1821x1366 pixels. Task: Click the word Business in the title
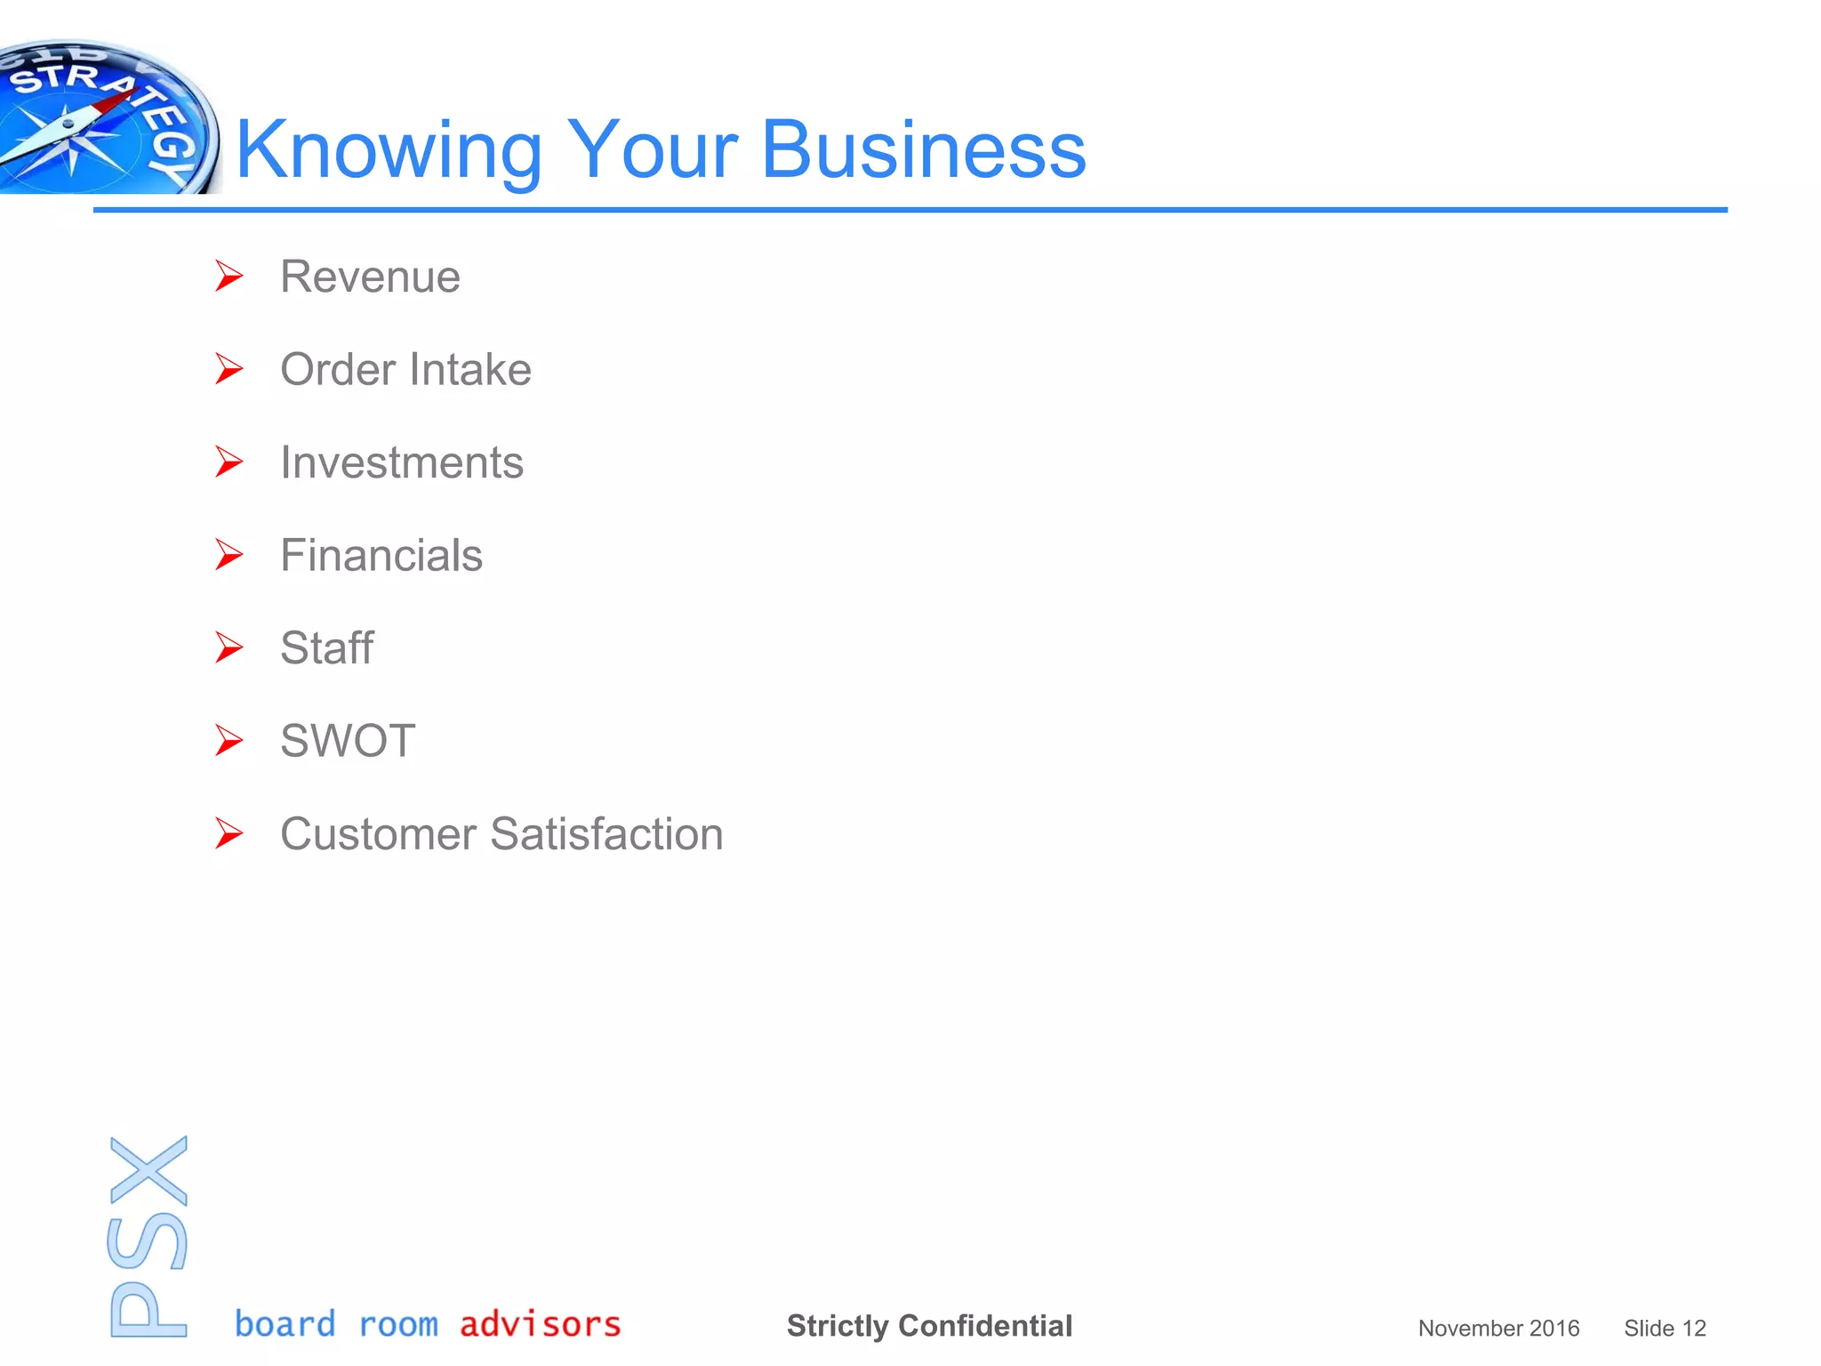[924, 149]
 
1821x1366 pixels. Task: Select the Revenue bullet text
[370, 277]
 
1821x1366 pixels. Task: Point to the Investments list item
[402, 462]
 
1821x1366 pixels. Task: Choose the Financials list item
[381, 556]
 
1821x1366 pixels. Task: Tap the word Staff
[327, 648]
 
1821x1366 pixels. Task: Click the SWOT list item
[348, 741]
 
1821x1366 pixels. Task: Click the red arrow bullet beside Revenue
[229, 277]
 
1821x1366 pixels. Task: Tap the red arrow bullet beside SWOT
[229, 741]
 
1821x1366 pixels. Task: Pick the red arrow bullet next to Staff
[229, 648]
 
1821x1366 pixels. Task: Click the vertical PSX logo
[148, 1236]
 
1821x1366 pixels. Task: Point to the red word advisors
[540, 1324]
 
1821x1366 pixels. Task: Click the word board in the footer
[285, 1324]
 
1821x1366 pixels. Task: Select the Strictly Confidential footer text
[929, 1326]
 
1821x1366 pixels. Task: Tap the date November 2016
[1498, 1329]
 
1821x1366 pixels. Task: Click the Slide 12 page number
[1665, 1329]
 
